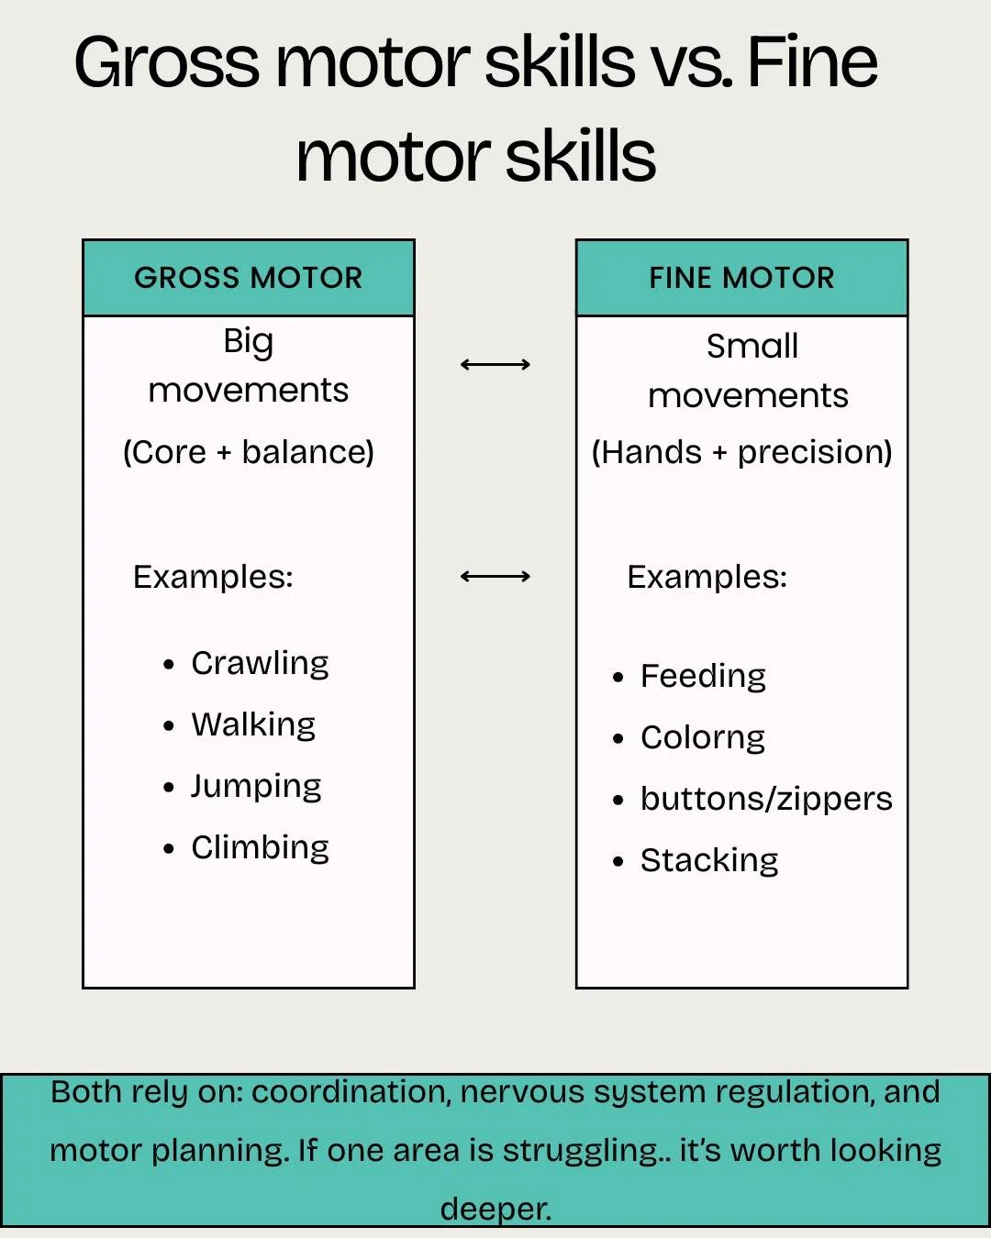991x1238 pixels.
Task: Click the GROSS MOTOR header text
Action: click(x=248, y=278)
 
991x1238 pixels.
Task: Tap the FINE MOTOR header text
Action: click(x=741, y=278)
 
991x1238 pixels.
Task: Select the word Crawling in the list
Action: click(x=260, y=663)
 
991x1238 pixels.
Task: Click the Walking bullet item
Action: click(x=253, y=724)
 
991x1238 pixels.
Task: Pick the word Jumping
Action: click(x=256, y=787)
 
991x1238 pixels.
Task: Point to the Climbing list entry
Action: click(x=260, y=848)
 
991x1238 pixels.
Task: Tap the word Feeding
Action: click(x=703, y=677)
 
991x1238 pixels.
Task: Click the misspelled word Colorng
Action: click(x=703, y=738)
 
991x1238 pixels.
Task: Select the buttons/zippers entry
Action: click(x=766, y=800)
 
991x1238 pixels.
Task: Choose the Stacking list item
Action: click(x=709, y=861)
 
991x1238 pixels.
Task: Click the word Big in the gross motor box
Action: click(x=248, y=342)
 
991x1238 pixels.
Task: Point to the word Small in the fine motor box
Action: click(x=752, y=347)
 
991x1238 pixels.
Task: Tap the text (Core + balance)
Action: click(x=249, y=452)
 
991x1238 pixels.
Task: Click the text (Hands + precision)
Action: click(x=741, y=452)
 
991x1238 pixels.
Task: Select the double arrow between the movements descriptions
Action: click(x=495, y=365)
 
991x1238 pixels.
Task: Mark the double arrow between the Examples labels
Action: click(x=495, y=577)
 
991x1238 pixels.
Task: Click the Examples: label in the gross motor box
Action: click(x=213, y=577)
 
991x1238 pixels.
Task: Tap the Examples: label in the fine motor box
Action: click(x=707, y=577)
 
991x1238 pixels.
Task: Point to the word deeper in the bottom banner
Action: click(x=495, y=1209)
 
